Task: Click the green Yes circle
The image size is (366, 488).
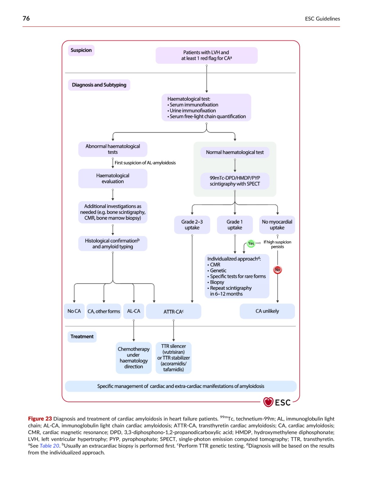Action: coord(251,243)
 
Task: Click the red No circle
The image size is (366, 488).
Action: coord(277,270)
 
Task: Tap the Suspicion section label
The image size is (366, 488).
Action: coord(81,50)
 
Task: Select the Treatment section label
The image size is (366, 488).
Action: coord(82,337)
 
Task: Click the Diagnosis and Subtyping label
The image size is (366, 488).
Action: coord(99,85)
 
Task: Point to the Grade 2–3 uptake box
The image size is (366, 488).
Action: coord(192,224)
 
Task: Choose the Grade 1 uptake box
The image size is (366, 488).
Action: coord(235,224)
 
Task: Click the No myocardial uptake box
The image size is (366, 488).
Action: coord(277,224)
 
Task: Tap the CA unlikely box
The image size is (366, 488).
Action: coord(267,311)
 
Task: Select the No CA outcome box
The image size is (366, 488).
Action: coord(74,311)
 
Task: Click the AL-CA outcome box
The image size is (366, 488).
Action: coord(134,311)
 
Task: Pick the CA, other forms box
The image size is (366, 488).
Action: coord(104,311)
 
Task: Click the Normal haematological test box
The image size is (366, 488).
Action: coord(235,152)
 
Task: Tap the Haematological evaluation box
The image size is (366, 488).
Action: coord(113,178)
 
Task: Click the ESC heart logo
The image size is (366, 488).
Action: coord(268,402)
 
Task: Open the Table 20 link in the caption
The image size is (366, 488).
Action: coord(49,446)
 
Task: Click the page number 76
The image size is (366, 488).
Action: coord(26,18)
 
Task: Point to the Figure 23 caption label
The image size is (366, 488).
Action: coord(40,419)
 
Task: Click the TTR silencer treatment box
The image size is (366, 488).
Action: coord(174,358)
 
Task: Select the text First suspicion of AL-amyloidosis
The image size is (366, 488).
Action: coord(145,163)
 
